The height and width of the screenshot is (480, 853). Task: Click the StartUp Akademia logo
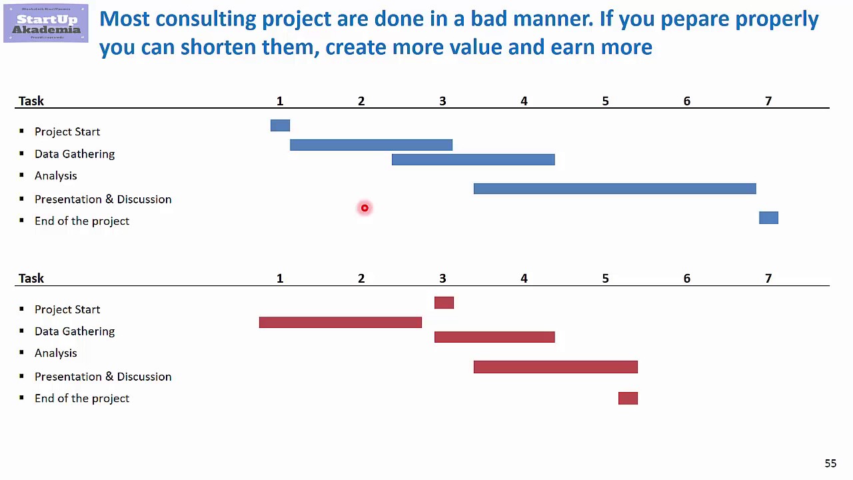point(45,23)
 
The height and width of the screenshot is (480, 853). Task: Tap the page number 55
point(830,463)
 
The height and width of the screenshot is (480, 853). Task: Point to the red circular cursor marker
point(365,208)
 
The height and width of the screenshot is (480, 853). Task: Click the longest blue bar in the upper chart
point(614,189)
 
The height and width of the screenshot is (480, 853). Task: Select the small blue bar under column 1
point(280,125)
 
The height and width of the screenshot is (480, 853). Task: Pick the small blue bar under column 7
point(768,217)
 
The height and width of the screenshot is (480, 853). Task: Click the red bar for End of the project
point(628,398)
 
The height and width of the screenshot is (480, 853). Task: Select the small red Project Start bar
point(444,303)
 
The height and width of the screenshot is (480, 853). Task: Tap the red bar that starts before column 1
point(340,322)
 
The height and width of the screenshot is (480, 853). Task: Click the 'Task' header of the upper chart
point(31,101)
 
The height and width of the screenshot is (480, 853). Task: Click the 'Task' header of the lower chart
point(31,278)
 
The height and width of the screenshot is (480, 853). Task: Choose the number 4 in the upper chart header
point(524,101)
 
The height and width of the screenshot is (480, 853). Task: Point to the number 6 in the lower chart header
point(686,278)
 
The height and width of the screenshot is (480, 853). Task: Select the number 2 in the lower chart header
point(361,278)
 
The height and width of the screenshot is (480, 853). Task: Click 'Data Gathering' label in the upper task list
point(75,154)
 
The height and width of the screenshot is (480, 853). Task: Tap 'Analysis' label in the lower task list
point(56,353)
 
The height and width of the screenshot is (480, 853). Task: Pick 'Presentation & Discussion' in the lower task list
point(103,377)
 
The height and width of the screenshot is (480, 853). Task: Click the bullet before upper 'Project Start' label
point(21,131)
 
